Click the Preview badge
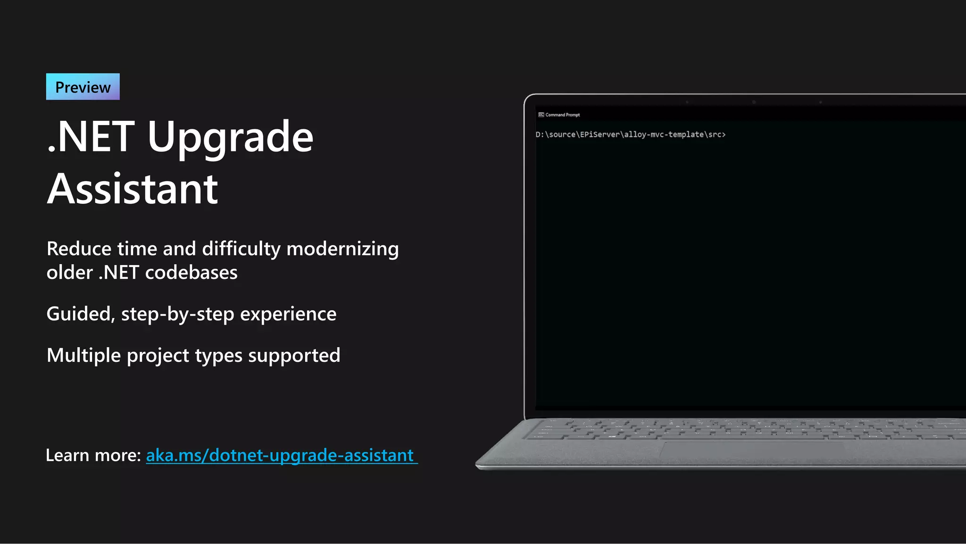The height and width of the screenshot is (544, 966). click(x=83, y=87)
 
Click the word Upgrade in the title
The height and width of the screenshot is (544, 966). click(x=230, y=137)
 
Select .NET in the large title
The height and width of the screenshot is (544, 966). click(x=91, y=137)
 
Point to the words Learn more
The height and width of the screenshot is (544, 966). click(x=93, y=455)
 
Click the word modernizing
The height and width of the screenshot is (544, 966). click(x=342, y=249)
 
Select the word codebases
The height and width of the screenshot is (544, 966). click(x=191, y=273)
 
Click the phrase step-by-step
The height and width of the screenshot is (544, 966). click(x=177, y=314)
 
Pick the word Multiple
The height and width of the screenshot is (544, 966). click(x=83, y=355)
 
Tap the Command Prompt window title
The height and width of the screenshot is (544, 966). click(x=563, y=115)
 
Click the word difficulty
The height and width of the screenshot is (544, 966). click(x=241, y=249)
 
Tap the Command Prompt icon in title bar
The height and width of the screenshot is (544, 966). click(x=541, y=115)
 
